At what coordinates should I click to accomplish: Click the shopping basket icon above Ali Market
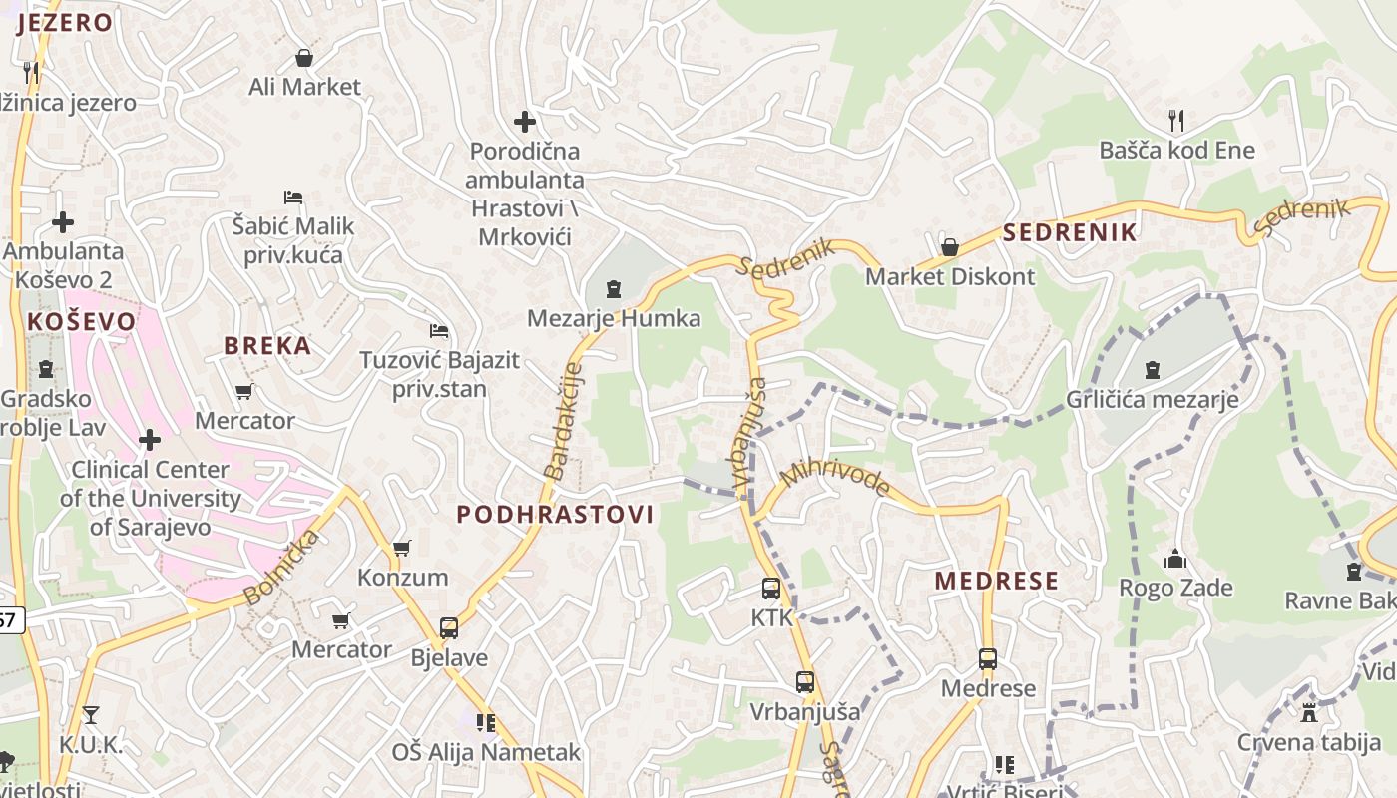click(304, 58)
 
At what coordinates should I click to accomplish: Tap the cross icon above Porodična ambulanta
click(525, 122)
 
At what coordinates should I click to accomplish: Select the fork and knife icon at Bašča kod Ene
click(1176, 121)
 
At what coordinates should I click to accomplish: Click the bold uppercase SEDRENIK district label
click(1069, 233)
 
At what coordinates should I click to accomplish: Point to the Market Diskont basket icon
click(949, 246)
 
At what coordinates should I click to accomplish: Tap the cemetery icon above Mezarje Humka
click(614, 289)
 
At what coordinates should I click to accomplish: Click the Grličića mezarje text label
click(1152, 400)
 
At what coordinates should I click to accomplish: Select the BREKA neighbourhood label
click(267, 346)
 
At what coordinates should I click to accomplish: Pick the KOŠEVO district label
click(81, 321)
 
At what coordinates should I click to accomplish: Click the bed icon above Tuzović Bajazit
click(439, 330)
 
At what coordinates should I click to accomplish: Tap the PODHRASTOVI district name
click(555, 515)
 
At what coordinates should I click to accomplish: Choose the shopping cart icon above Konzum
click(402, 548)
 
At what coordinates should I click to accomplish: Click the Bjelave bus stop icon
click(449, 628)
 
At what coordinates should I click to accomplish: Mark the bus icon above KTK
click(771, 589)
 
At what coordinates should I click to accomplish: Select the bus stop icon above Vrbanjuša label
click(805, 682)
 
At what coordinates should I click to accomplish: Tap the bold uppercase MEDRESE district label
click(996, 581)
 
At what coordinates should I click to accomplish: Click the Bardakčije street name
click(564, 421)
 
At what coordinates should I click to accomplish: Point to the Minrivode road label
click(835, 477)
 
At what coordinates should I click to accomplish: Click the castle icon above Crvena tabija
click(1309, 712)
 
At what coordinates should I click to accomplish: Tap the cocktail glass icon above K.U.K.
click(90, 714)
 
